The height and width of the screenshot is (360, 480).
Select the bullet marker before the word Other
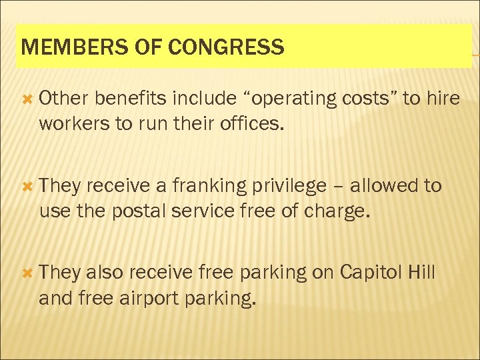[27, 98]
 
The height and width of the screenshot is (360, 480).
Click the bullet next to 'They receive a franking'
[27, 185]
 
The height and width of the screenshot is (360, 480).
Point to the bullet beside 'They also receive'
[27, 272]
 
